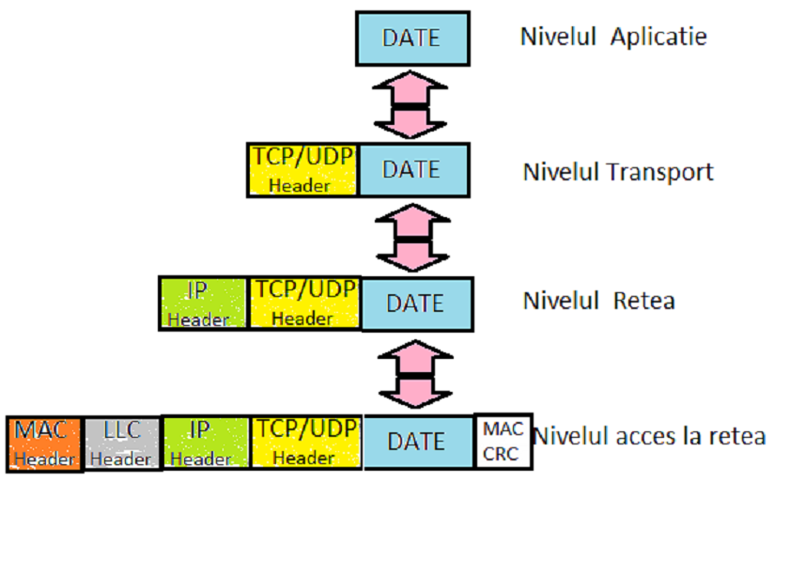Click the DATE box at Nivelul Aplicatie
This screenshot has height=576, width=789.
[x=412, y=39]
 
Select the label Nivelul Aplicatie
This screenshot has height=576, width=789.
[x=613, y=38]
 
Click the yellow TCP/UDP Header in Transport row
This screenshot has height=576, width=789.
[x=302, y=170]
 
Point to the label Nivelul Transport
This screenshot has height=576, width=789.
[x=618, y=172]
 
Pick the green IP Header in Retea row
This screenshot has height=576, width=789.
[x=203, y=304]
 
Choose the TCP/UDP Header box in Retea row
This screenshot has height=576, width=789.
[x=303, y=304]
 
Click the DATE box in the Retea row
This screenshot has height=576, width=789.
[x=416, y=304]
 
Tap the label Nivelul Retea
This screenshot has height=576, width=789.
[x=599, y=301]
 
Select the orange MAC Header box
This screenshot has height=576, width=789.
[x=44, y=444]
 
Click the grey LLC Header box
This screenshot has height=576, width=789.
[x=122, y=444]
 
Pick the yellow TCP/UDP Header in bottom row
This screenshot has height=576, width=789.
[x=305, y=443]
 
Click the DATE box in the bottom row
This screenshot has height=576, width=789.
[x=417, y=442]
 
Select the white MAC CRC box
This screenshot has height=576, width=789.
[x=503, y=442]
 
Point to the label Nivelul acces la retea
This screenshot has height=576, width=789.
[x=649, y=437]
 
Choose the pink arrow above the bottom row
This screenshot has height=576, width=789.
[x=414, y=373]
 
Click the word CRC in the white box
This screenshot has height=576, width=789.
[x=503, y=453]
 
